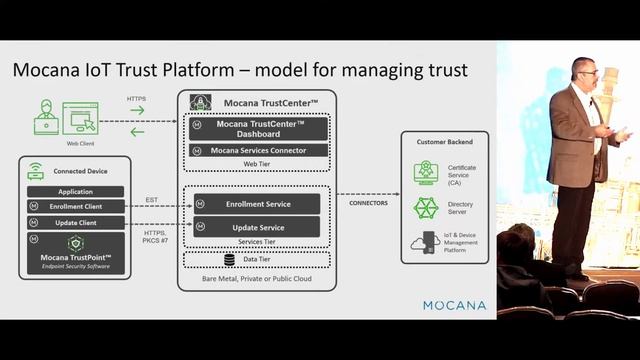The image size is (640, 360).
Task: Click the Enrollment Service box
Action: coord(257,204)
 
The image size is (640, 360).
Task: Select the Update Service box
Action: coord(257,227)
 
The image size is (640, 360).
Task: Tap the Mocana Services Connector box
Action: coord(258,151)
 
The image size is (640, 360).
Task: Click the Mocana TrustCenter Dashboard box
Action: coord(258,128)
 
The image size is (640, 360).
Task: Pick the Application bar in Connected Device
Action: coord(75,192)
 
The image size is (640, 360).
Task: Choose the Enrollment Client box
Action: coord(76,206)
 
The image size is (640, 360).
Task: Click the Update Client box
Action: coord(76,221)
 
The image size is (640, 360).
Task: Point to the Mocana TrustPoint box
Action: coord(75,253)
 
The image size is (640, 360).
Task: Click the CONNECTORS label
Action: coord(367,203)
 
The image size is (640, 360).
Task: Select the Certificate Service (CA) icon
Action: coord(427,173)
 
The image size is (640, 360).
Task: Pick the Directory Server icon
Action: coord(427,208)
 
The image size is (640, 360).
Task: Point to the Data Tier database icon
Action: coord(229,260)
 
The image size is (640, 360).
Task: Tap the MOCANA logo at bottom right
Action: coord(454,305)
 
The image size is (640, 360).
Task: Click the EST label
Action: coord(152,200)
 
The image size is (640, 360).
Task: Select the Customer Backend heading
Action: coord(445,142)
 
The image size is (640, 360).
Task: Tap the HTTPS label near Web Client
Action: coord(137,98)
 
